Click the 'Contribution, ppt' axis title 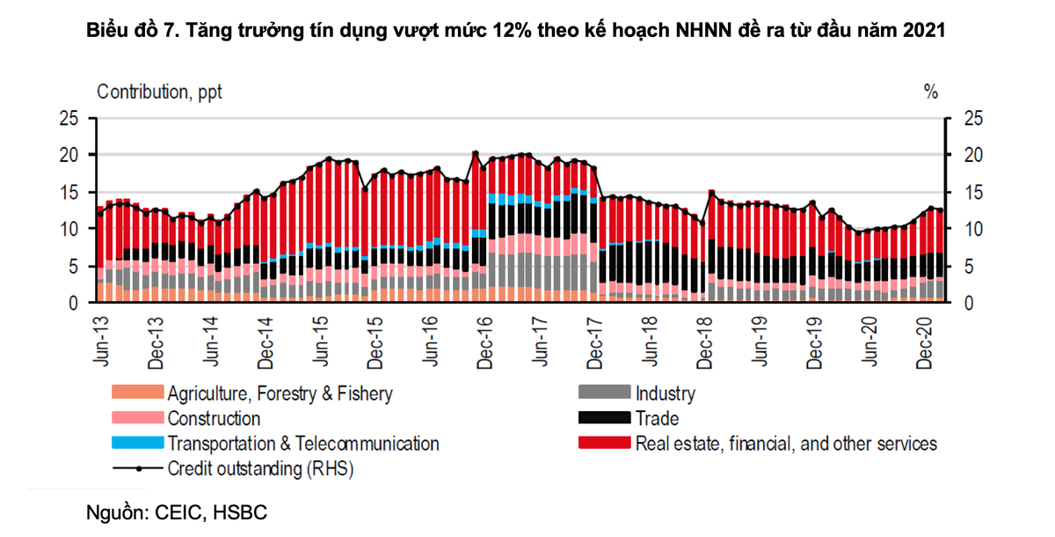159,92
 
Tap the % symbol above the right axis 931,92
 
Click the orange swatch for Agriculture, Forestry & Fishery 137,393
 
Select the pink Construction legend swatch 137,418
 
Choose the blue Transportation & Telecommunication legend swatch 137,444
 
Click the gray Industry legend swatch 605,393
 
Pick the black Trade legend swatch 605,418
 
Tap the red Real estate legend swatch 605,444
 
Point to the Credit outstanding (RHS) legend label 260,469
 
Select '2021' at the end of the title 925,33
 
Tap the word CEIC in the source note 178,511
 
